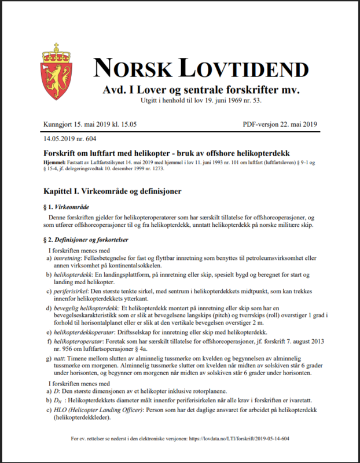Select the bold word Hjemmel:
56,162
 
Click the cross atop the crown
57,45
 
